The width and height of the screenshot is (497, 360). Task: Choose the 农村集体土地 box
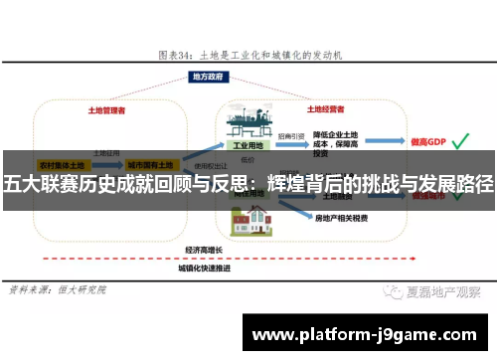(x=61, y=163)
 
